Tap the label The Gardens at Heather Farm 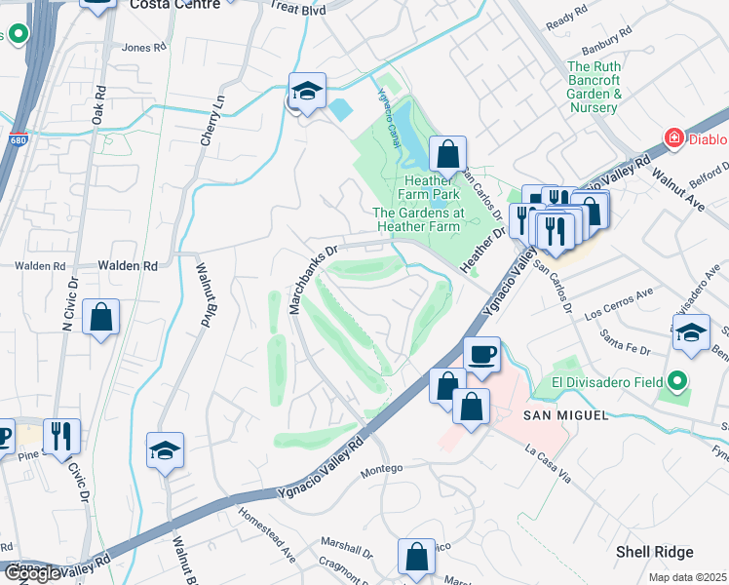coord(416,219)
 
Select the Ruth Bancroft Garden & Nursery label coord(595,88)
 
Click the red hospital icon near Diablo coord(672,139)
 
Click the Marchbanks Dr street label coord(313,279)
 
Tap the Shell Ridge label coord(654,552)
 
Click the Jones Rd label coord(140,47)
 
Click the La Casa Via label coord(552,461)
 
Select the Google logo coord(32,573)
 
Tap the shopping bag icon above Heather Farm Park coord(447,153)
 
